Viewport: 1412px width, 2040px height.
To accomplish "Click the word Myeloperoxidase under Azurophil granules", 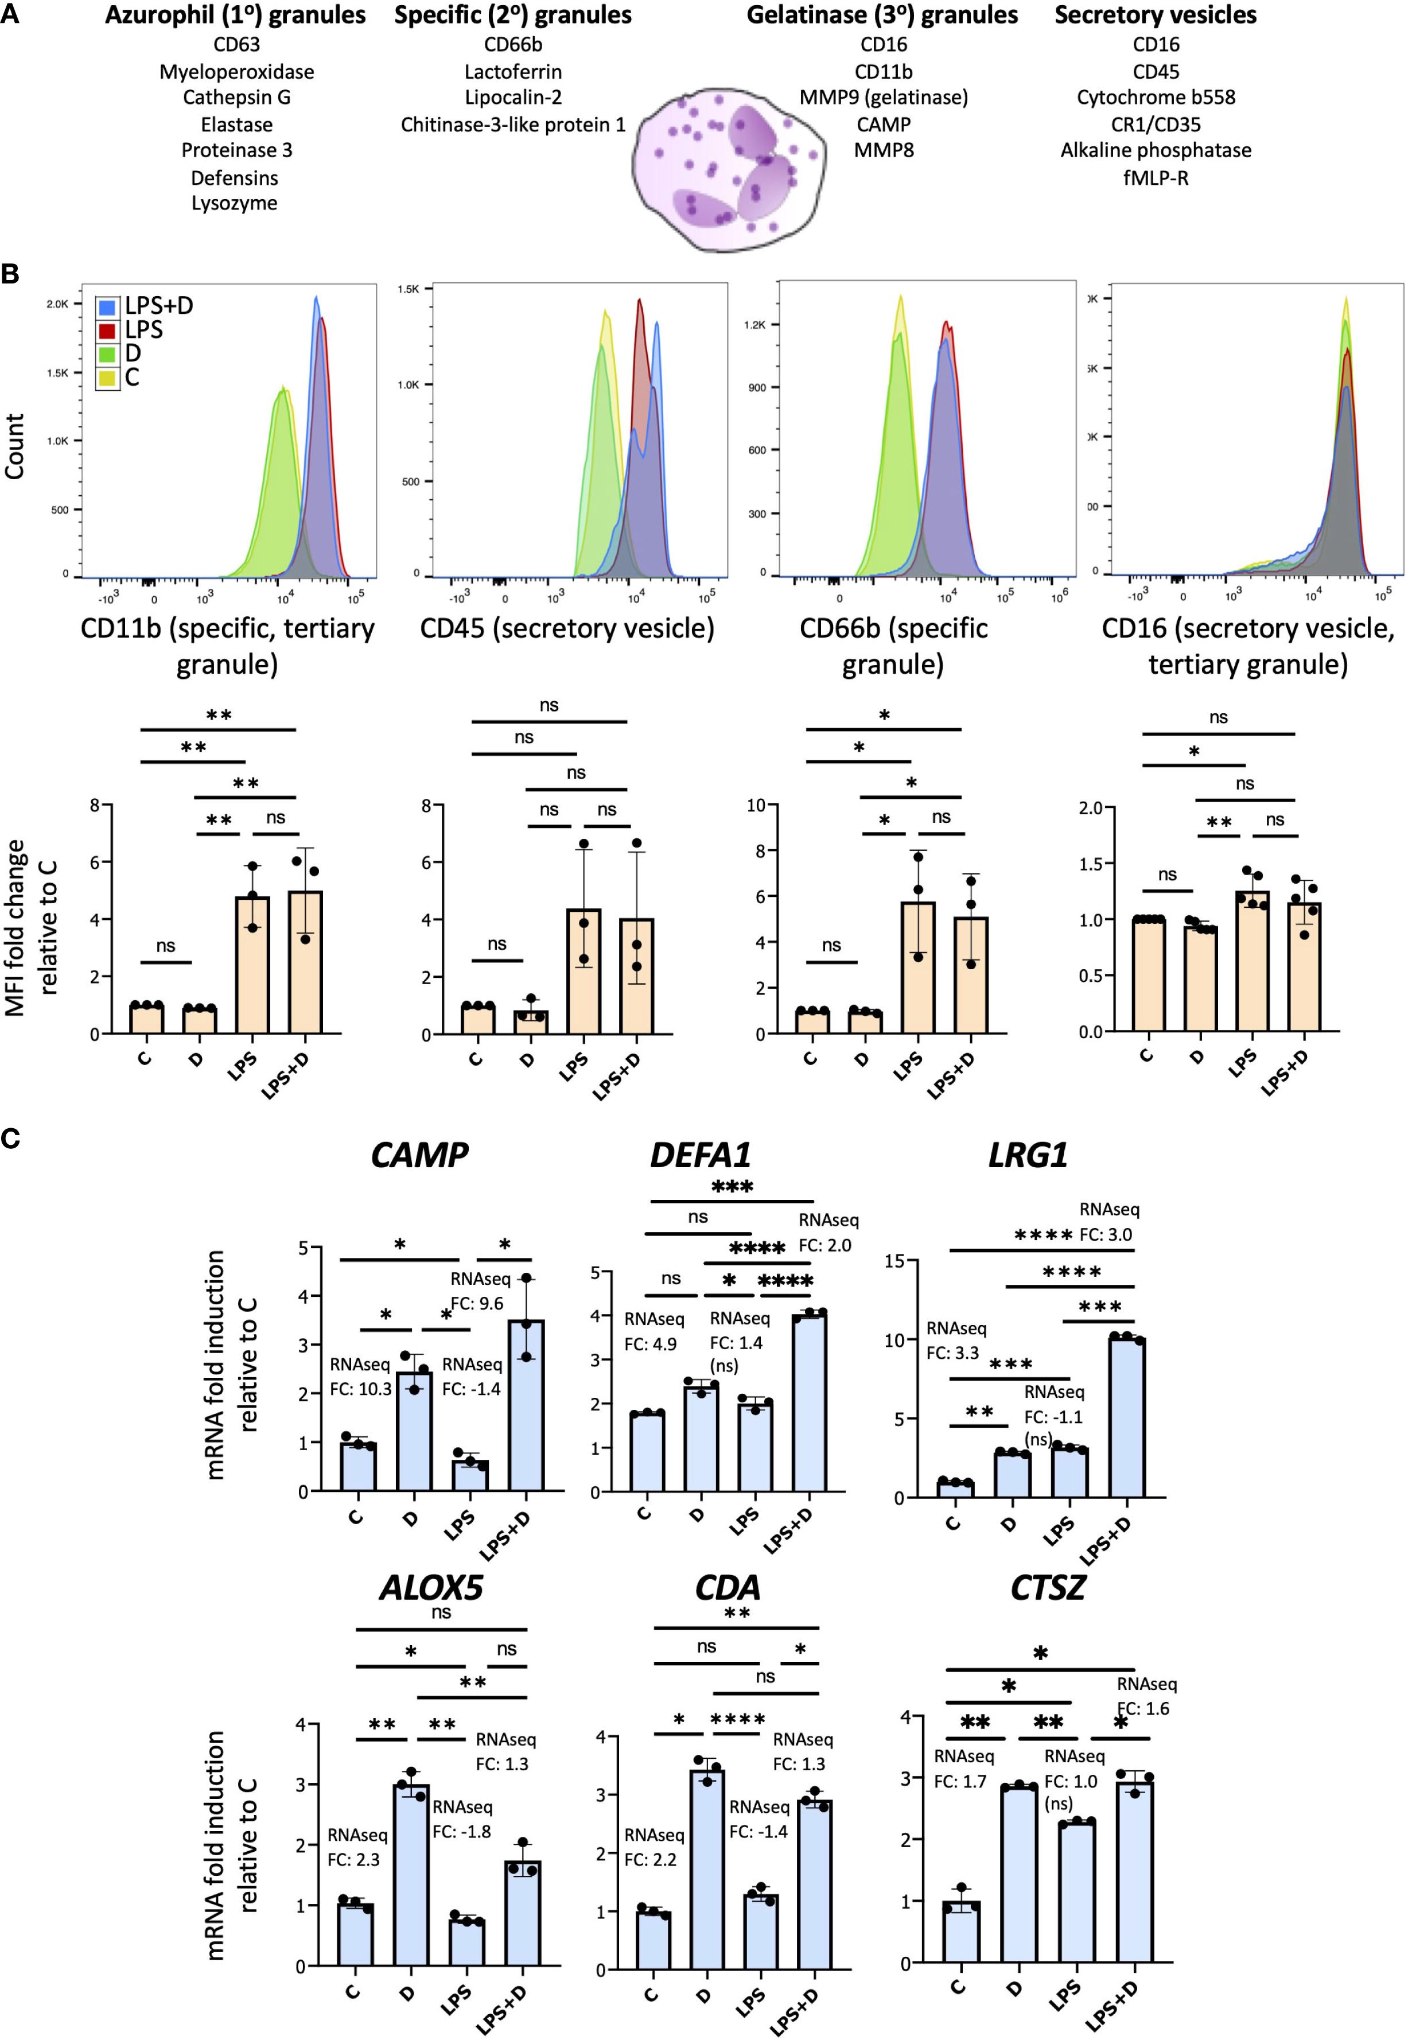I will pyautogui.click(x=236, y=72).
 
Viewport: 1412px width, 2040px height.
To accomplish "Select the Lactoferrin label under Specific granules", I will pyautogui.click(x=513, y=72).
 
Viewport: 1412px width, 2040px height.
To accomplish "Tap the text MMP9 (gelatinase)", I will pyautogui.click(x=883, y=98).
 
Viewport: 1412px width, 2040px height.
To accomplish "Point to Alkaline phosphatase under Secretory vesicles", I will pyautogui.click(x=1156, y=150).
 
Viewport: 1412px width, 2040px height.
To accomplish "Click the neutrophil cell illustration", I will pyautogui.click(x=729, y=168).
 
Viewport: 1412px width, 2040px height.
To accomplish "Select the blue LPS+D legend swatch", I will pyautogui.click(x=107, y=307).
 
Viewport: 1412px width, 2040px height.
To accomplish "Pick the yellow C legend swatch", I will pyautogui.click(x=107, y=379).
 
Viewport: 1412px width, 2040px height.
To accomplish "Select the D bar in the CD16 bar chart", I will pyautogui.click(x=1200, y=978).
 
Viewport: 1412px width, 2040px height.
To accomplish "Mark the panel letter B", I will pyautogui.click(x=11, y=273).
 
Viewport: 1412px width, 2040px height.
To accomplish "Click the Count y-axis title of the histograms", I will pyautogui.click(x=14, y=447).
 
